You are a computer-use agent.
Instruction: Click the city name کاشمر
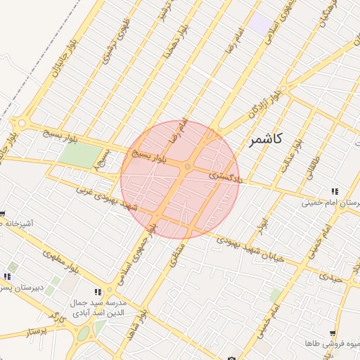265,139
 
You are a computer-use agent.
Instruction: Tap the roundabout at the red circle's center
188,167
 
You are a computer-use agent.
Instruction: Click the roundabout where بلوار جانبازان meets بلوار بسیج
22,123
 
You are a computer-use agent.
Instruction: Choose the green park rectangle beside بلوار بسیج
82,155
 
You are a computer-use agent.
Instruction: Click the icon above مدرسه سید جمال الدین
98,292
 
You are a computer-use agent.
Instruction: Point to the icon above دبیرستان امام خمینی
335,191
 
